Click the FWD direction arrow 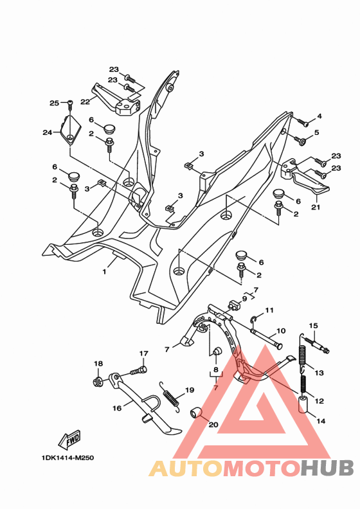click(69, 440)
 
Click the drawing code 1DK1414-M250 click(67, 458)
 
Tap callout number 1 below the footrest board click(105, 272)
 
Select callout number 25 click(54, 103)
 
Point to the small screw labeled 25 click(70, 105)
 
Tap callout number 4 click(319, 116)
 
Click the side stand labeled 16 click(145, 403)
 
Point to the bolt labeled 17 click(139, 370)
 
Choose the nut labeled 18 click(98, 382)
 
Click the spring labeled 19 click(170, 397)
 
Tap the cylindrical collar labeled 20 click(195, 415)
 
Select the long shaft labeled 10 click(266, 339)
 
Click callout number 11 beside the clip click(269, 310)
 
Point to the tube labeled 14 click(303, 404)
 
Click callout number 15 click(313, 326)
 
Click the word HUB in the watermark click(327, 469)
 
